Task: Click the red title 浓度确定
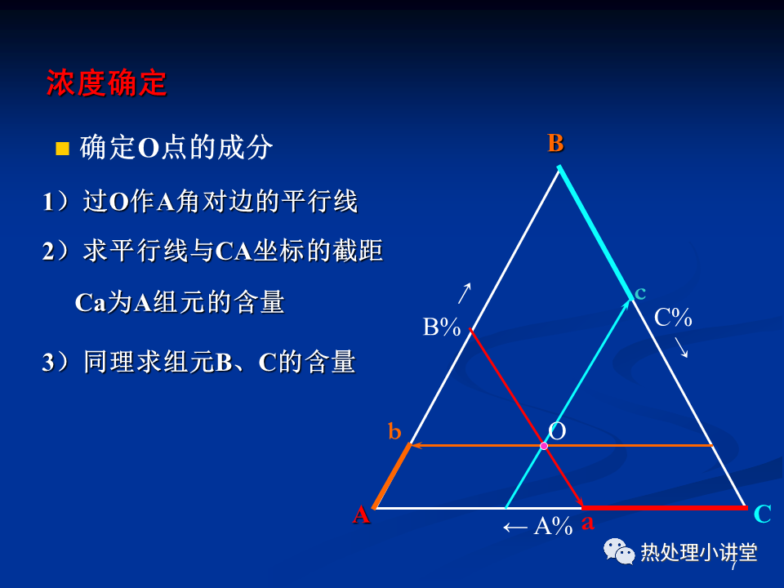106,82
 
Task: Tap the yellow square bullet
63,149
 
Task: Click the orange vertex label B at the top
555,143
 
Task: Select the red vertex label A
361,514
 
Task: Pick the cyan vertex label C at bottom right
763,514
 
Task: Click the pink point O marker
544,446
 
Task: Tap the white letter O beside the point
557,431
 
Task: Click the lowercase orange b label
394,431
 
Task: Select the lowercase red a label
587,523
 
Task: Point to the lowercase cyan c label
640,293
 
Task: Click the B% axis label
442,327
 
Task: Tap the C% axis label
673,318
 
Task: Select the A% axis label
553,526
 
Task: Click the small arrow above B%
465,293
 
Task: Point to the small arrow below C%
681,348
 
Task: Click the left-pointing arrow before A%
515,527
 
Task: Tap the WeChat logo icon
619,551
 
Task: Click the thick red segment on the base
665,508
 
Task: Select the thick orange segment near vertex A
392,475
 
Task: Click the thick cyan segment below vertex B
595,233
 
